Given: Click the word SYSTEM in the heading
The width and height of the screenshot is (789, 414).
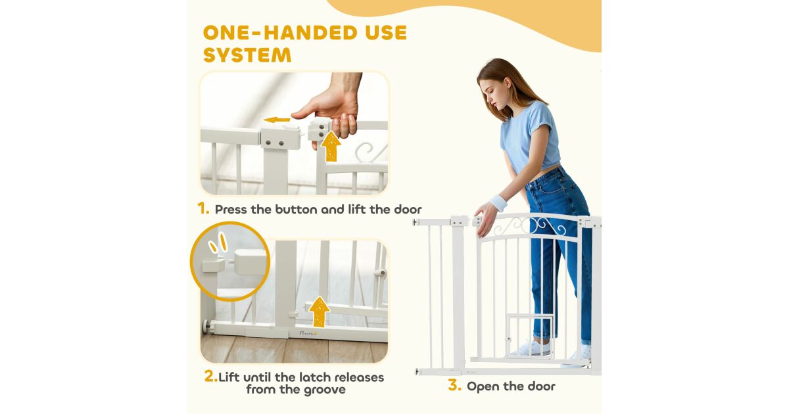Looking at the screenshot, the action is tap(247, 55).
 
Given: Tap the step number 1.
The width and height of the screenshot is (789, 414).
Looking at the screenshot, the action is tap(203, 208).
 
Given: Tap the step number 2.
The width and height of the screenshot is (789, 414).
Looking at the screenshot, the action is tap(210, 377).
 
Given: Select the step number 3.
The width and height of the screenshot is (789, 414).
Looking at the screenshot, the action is tap(455, 385).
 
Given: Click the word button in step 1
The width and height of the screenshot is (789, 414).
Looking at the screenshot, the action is tap(297, 210).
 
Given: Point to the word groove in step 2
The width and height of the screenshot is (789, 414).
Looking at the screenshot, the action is tap(325, 390).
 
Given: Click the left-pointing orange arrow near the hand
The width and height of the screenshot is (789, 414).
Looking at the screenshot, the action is tap(277, 120).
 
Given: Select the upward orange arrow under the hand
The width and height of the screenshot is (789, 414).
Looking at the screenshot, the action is tap(331, 147).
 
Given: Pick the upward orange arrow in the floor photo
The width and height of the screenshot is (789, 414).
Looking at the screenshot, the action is tap(319, 312).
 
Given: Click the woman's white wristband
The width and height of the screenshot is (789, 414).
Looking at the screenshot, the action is tap(498, 202).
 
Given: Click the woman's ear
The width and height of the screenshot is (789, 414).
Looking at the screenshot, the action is tap(508, 85).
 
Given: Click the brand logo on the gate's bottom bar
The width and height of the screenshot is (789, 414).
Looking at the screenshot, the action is tap(308, 333).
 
